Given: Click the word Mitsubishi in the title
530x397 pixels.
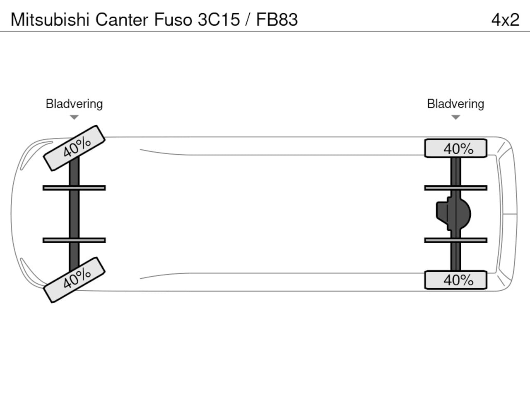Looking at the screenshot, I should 50,19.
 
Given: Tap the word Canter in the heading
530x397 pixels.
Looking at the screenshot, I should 122,19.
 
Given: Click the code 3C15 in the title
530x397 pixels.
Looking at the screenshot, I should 219,19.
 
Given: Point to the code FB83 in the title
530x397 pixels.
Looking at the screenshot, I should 277,19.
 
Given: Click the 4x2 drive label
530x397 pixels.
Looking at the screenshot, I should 505,19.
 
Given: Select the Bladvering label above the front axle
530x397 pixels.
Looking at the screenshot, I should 74,103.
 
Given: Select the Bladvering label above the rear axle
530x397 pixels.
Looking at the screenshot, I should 455,103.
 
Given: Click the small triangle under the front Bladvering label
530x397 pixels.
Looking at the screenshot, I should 74,117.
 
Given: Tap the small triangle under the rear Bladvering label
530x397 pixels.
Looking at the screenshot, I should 455,117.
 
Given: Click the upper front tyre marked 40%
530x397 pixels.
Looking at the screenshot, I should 75,148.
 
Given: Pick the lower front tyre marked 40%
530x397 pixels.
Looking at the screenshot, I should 75,280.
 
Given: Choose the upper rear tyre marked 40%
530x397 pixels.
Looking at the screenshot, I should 455,148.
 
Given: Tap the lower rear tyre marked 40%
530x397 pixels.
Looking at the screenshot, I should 455,280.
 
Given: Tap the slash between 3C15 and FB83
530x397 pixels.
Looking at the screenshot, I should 248,19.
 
